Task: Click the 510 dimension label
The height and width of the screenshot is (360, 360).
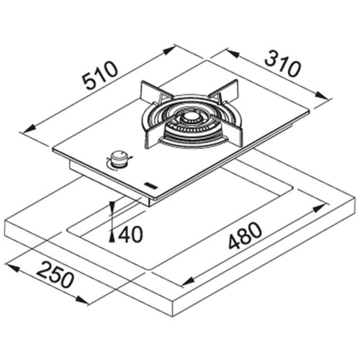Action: (x=100, y=76)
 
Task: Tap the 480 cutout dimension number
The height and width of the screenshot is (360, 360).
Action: (x=245, y=236)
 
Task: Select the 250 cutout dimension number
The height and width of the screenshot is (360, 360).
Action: (x=55, y=276)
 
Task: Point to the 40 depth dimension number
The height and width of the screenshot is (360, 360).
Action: (x=130, y=234)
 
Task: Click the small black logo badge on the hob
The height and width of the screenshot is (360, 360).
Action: (x=150, y=185)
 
